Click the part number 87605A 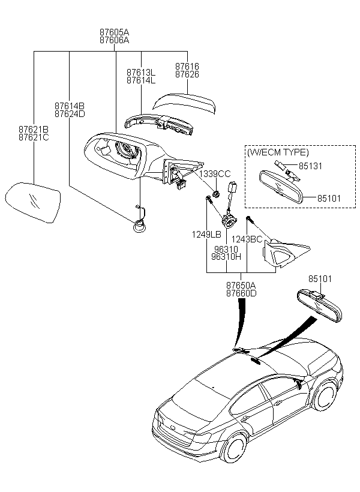pos(115,32)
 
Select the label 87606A pos(115,40)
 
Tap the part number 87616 pos(187,67)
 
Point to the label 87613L pos(140,72)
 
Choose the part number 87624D pos(70,113)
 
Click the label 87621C pos(34,137)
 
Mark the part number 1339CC pos(215,173)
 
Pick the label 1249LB pos(206,235)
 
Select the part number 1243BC pos(247,239)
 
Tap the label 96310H pos(226,256)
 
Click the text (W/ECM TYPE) pos(278,152)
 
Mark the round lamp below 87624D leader pos(139,226)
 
